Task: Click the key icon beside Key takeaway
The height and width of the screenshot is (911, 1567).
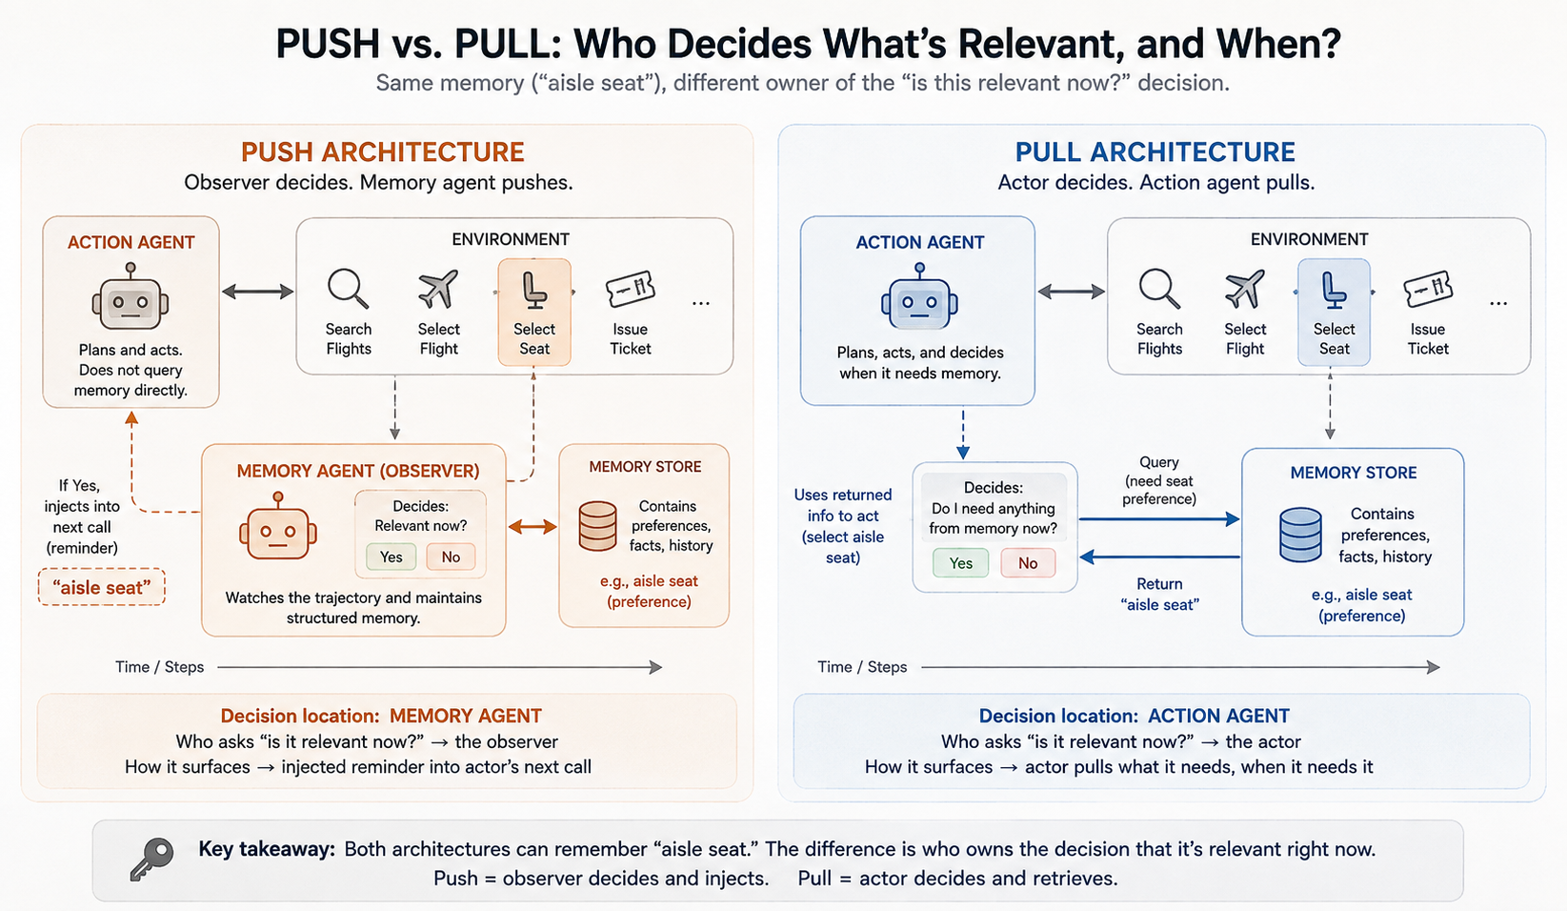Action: click(151, 859)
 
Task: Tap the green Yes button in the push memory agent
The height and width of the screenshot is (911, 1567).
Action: click(392, 557)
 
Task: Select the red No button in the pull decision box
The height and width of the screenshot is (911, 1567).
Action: click(1028, 563)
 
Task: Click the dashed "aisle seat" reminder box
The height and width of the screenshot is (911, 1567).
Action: click(101, 587)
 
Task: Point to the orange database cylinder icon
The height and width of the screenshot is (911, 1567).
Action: click(597, 525)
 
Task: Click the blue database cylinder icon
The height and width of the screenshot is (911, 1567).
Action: click(1300, 535)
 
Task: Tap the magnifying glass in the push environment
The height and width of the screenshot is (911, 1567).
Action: click(349, 289)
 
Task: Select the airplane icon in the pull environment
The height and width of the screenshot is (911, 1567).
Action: click(1244, 289)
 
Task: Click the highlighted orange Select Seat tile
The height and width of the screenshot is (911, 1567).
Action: click(534, 312)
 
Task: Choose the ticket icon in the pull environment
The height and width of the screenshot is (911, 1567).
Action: click(1428, 289)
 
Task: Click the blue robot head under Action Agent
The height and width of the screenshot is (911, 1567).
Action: click(919, 296)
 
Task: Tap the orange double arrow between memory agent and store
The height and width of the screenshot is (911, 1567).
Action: click(532, 527)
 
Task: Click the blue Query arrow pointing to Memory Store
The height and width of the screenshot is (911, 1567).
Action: click(1159, 519)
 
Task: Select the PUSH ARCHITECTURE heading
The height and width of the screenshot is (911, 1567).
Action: click(383, 152)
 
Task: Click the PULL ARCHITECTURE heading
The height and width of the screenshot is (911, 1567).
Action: click(1155, 152)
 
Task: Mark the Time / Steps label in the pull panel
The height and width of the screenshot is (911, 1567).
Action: click(862, 667)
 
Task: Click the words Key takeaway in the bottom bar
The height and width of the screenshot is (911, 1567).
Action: click(267, 849)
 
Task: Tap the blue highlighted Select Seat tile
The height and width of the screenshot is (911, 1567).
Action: click(1334, 312)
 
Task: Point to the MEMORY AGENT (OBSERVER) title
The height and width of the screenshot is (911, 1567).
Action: click(358, 471)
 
